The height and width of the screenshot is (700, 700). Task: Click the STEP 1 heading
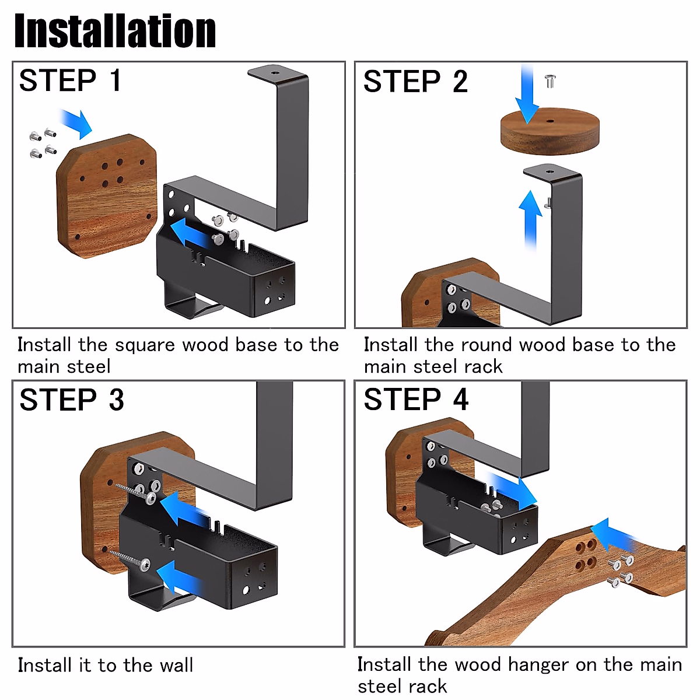pyautogui.click(x=70, y=80)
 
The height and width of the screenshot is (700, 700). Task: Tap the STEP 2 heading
pyautogui.click(x=415, y=82)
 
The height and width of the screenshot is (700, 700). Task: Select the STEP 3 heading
pyautogui.click(x=71, y=400)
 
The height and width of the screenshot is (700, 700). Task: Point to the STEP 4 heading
pyautogui.click(x=416, y=400)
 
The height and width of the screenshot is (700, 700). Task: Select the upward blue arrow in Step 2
pyautogui.click(x=530, y=219)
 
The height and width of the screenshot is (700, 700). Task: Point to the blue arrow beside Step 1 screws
pyautogui.click(x=77, y=123)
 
